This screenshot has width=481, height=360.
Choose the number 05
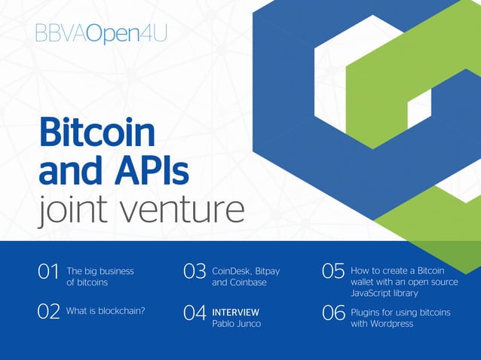click(333, 271)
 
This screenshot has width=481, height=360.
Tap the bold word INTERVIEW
click(235, 312)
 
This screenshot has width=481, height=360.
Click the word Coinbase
click(250, 283)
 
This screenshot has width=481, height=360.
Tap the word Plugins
click(366, 312)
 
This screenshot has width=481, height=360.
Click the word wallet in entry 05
click(364, 282)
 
